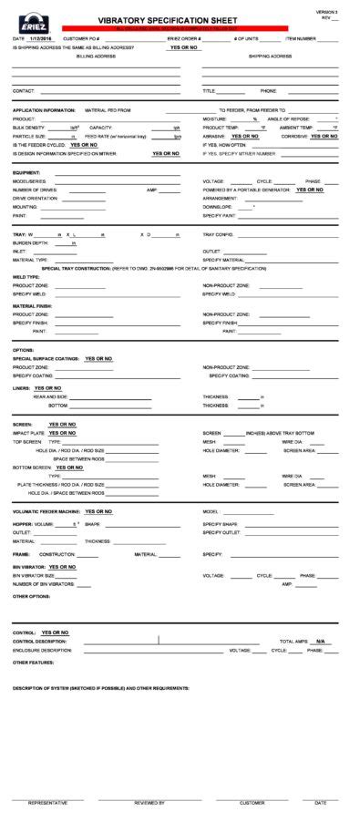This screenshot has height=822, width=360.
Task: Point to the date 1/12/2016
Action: point(42,39)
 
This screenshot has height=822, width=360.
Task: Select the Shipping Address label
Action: point(270,56)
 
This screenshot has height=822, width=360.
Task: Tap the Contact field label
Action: point(24,91)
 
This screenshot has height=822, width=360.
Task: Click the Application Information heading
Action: point(44,109)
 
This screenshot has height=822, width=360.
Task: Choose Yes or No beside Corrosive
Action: point(324,136)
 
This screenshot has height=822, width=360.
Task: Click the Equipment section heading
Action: point(26,172)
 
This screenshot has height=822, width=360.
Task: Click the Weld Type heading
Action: point(26,276)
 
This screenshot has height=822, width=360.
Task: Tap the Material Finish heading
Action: point(32,305)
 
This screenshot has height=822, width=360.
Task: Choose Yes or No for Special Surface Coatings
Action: point(98,359)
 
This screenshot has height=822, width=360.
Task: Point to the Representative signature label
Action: point(47,803)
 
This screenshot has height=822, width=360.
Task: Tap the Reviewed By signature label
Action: point(149,803)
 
